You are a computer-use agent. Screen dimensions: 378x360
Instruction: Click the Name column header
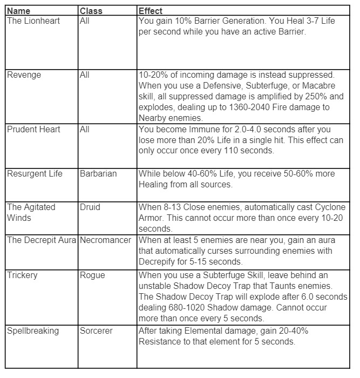coord(19,11)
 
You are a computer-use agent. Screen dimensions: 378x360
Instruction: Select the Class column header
coord(91,11)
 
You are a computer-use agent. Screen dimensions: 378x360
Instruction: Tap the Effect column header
coord(151,11)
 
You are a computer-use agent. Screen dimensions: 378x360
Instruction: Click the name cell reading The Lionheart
coord(33,21)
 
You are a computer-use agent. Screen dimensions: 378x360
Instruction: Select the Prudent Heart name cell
coord(33,130)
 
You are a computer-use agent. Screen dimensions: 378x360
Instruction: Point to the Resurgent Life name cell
coord(35,173)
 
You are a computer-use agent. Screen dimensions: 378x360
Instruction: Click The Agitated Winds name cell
coord(31,212)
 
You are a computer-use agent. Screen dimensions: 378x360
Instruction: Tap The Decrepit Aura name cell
coord(42,240)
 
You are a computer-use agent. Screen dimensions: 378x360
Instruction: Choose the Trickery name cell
coord(22,275)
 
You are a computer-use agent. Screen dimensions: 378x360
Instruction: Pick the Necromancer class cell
coord(105,240)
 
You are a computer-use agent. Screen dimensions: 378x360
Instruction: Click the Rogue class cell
coord(92,275)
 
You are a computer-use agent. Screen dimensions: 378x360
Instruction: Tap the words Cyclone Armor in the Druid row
coord(316,207)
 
